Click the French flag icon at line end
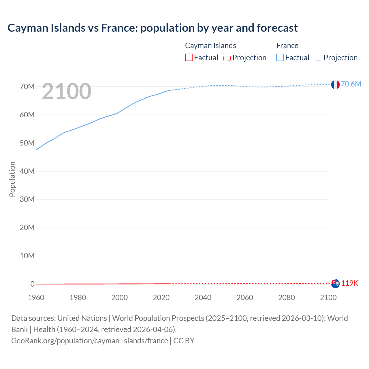(335, 84)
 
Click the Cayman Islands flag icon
(335, 284)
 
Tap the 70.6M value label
(351, 84)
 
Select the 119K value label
(349, 283)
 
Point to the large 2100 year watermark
(67, 91)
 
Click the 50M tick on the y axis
(27, 143)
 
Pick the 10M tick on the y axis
(27, 256)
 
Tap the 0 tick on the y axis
(32, 284)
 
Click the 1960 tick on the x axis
(36, 298)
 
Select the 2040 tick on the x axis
(203, 298)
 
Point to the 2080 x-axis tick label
(287, 298)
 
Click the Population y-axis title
(12, 179)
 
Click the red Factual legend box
(189, 57)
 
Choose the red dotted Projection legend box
(227, 57)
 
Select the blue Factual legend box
(280, 57)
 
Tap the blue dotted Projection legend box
(319, 57)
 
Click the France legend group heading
(287, 46)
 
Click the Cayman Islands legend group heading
(210, 46)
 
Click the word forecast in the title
(277, 28)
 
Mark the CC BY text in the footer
(184, 340)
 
